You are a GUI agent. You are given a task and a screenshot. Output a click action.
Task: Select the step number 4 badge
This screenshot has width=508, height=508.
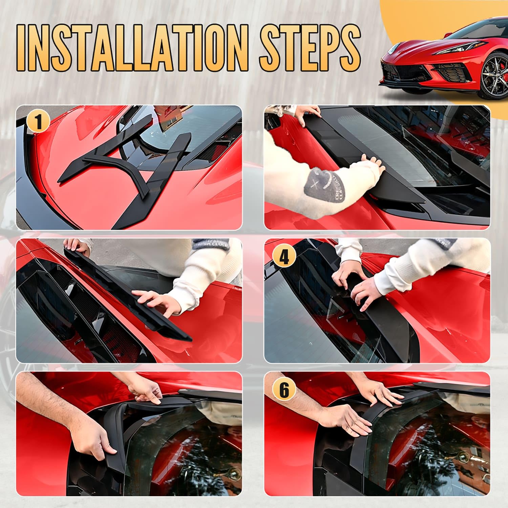[284, 256]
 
